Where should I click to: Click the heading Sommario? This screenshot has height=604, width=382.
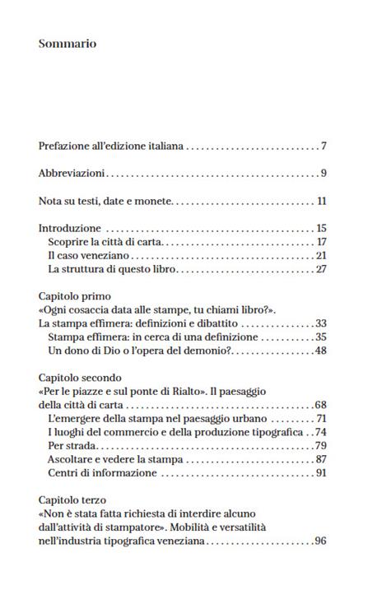68,44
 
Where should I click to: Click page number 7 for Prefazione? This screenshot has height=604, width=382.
324,146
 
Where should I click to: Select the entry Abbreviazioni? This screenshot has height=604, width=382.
72,174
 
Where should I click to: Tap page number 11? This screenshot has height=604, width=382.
322,201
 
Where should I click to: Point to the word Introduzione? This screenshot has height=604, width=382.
70,228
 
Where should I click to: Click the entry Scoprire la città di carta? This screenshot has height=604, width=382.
106,242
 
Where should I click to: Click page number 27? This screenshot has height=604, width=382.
322,269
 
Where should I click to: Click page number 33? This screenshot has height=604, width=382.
321,323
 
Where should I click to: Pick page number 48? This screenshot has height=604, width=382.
321,351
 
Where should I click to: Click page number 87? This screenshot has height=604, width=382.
321,459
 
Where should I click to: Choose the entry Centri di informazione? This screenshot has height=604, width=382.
102,473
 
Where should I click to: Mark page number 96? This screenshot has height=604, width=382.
320,541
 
